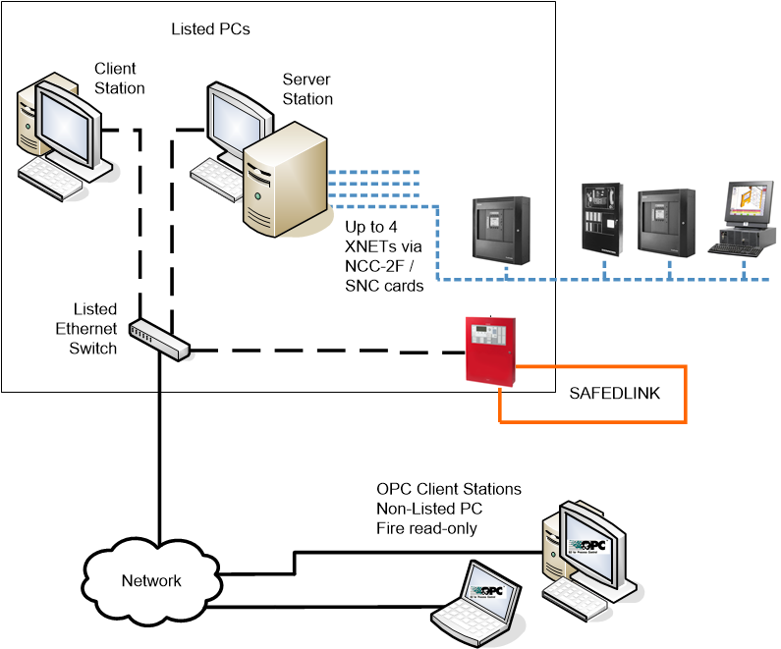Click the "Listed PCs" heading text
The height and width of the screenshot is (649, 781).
click(209, 29)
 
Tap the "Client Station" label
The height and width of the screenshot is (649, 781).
click(119, 79)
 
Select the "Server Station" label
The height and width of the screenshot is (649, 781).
click(307, 89)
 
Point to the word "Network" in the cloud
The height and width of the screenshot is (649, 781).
click(151, 580)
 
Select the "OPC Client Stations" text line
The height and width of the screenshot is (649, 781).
click(449, 489)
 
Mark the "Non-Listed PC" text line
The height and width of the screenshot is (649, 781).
click(428, 509)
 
